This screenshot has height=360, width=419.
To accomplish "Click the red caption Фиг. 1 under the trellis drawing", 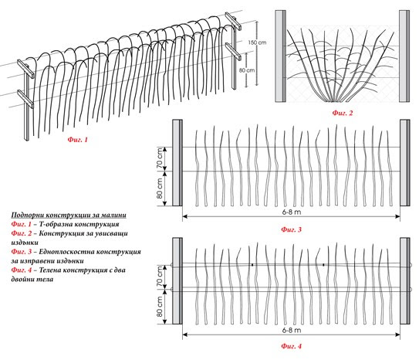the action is click(x=77, y=140).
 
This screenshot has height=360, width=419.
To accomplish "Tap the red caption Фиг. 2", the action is click(x=343, y=113).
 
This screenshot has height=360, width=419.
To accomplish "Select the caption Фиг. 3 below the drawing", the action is click(x=291, y=229).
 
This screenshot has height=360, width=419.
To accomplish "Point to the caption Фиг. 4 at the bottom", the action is click(x=291, y=346).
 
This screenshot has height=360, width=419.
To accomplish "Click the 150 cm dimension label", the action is click(x=257, y=42).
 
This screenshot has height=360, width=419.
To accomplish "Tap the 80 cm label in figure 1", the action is click(x=247, y=70).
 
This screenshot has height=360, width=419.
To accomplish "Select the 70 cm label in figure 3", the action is click(x=160, y=158).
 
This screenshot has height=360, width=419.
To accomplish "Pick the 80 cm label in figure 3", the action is click(x=160, y=188).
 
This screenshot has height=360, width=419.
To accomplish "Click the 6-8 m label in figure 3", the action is click(x=291, y=212).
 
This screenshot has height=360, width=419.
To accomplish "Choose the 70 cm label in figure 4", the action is click(x=160, y=277).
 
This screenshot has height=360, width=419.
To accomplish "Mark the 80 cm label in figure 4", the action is click(x=160, y=307).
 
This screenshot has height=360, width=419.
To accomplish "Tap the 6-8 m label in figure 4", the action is click(x=291, y=331).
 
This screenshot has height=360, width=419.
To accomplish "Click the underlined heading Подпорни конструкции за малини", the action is click(x=69, y=216).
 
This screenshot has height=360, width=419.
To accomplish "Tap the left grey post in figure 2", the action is click(x=281, y=56).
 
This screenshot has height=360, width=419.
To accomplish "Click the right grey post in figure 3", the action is click(x=405, y=162).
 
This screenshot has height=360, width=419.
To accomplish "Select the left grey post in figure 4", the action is click(x=177, y=281).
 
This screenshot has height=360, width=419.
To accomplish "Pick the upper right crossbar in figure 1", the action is click(x=233, y=21).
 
